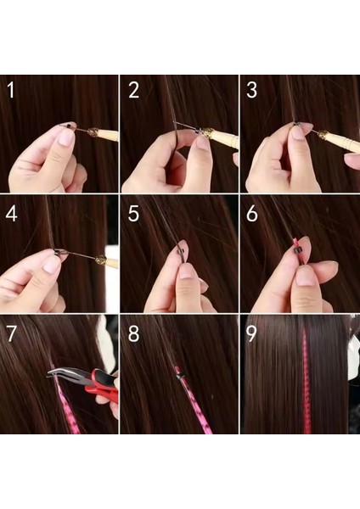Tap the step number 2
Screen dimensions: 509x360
133,90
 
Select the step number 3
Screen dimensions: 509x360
252,90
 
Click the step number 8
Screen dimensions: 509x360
133,333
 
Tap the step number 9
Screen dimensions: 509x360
252,333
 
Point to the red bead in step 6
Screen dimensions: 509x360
296,248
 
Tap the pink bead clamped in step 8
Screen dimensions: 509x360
178,371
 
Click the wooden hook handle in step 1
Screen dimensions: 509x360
105,134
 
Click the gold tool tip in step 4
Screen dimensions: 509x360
102,262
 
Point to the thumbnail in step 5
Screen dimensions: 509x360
186,271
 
